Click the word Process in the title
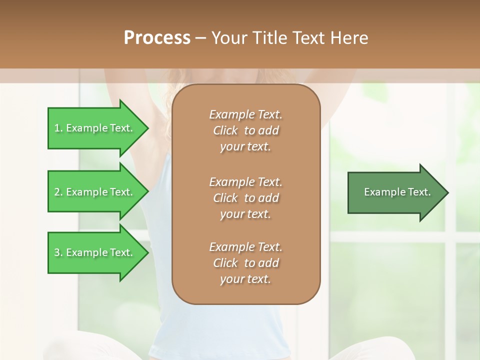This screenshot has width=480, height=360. coord(157,38)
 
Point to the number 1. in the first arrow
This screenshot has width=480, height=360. coord(58,128)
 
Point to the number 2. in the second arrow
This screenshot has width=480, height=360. coord(58,192)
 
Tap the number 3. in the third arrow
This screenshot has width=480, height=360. coord(58,252)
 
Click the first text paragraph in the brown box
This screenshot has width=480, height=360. coord(245,130)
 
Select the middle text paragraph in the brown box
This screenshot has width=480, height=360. coord(245,198)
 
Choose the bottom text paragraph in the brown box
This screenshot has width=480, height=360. coord(245,263)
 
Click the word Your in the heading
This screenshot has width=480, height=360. coord(228,38)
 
